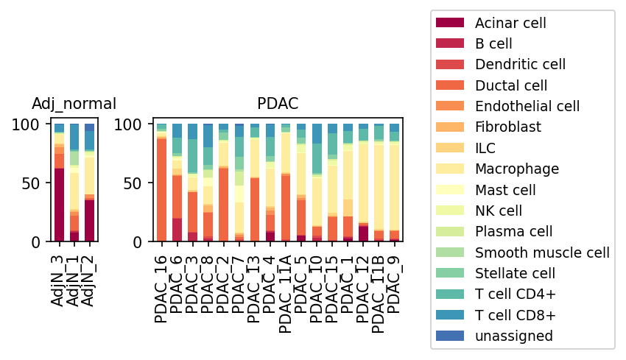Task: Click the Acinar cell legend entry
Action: tap(490, 23)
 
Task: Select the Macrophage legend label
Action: tap(516, 169)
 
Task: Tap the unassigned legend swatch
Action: tap(450, 336)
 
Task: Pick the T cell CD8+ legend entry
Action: tap(496, 315)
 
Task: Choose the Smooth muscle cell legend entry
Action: tap(523, 253)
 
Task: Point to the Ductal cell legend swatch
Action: tap(450, 85)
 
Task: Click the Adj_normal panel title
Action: tap(74, 103)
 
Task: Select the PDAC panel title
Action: tap(278, 103)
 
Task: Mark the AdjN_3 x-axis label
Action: tap(58, 280)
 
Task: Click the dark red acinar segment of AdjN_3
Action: tap(59, 205)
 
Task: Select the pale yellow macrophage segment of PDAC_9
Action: tap(395, 187)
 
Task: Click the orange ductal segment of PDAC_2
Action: tap(224, 205)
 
